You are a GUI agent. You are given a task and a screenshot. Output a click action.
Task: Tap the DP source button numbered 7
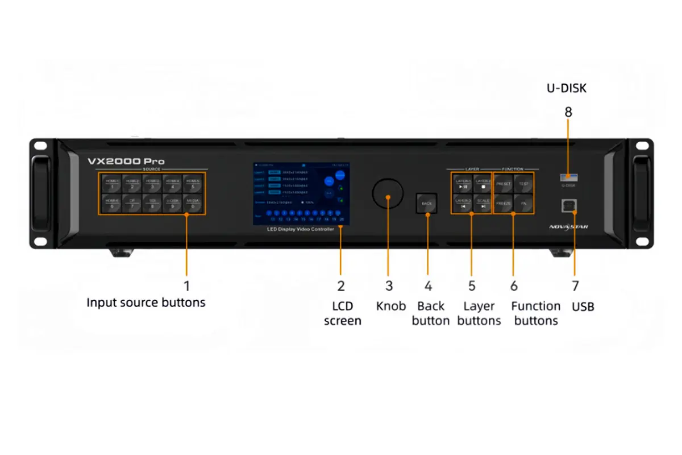click(132, 203)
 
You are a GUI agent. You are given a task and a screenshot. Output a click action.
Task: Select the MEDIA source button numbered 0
click(193, 203)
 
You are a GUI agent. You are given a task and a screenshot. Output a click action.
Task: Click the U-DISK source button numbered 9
click(173, 203)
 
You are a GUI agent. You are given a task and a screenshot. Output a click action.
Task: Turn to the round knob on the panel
click(388, 193)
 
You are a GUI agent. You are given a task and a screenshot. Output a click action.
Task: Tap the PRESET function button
click(504, 184)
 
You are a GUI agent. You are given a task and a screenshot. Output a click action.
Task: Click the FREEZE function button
click(504, 203)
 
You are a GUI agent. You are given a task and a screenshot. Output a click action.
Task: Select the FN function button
click(523, 203)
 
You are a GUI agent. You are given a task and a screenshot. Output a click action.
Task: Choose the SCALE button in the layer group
click(483, 203)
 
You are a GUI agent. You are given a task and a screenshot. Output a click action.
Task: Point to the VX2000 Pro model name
click(126, 161)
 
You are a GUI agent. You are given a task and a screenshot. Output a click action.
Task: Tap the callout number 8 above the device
click(568, 112)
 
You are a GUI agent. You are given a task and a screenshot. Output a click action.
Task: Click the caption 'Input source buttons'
click(146, 303)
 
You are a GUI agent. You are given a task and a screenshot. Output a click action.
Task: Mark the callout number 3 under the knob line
click(389, 286)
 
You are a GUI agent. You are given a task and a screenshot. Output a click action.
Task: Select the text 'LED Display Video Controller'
click(301, 229)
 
